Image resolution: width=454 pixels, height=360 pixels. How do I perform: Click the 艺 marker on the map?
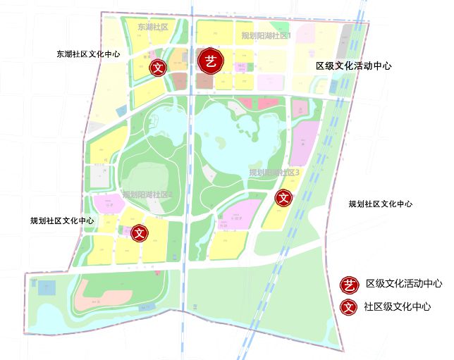point(210,61)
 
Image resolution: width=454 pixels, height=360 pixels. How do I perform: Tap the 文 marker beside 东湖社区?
point(159,68)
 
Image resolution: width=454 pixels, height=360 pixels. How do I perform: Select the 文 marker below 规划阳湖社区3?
point(283,198)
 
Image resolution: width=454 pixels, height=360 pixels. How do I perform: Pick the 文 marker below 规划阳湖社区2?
point(140,232)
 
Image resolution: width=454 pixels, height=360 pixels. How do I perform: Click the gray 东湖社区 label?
point(153,27)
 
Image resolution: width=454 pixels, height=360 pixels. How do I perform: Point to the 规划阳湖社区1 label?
point(266,35)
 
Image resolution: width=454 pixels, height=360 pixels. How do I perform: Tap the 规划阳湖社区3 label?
point(275,173)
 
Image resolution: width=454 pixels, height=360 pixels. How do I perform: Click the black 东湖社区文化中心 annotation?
point(88,54)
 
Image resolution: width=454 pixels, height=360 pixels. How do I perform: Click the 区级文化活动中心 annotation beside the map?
point(353,66)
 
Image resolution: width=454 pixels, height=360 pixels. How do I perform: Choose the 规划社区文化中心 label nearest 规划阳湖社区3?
point(380,204)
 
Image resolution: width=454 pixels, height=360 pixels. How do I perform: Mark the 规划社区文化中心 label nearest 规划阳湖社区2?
point(62,221)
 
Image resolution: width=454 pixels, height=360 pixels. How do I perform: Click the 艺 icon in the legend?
point(349,284)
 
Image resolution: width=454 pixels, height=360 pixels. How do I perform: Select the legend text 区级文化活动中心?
point(404,284)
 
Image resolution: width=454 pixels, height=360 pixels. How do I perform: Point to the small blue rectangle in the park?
point(47,288)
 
